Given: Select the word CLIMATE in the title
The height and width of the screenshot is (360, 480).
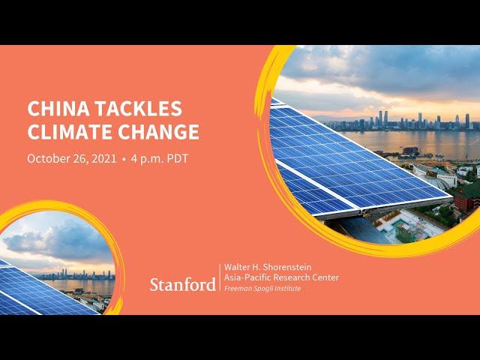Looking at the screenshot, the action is pyautogui.click(x=70, y=132).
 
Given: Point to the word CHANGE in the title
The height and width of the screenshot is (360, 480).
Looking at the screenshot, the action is pyautogui.click(x=158, y=132).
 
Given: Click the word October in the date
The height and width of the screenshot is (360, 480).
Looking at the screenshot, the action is pyautogui.click(x=49, y=158).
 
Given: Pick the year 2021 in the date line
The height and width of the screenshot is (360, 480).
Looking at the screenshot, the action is pyautogui.click(x=104, y=158).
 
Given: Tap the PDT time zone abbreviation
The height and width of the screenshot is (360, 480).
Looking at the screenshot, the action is pyautogui.click(x=178, y=158).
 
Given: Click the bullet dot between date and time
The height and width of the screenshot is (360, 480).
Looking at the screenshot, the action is pyautogui.click(x=124, y=159).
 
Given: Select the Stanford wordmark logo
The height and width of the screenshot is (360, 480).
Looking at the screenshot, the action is pyautogui.click(x=183, y=284).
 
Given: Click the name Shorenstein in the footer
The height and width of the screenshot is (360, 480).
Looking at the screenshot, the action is pyautogui.click(x=286, y=267).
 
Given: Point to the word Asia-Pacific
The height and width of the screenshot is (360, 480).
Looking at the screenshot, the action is pyautogui.click(x=247, y=277).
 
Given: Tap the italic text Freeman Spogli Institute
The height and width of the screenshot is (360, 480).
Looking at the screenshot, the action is pyautogui.click(x=262, y=288).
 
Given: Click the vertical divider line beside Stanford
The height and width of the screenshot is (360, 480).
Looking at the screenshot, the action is pyautogui.click(x=220, y=277).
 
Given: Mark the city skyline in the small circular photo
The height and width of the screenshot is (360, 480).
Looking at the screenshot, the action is pyautogui.click(x=73, y=275).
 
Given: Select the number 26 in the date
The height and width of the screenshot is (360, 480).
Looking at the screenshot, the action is pyautogui.click(x=79, y=158).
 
